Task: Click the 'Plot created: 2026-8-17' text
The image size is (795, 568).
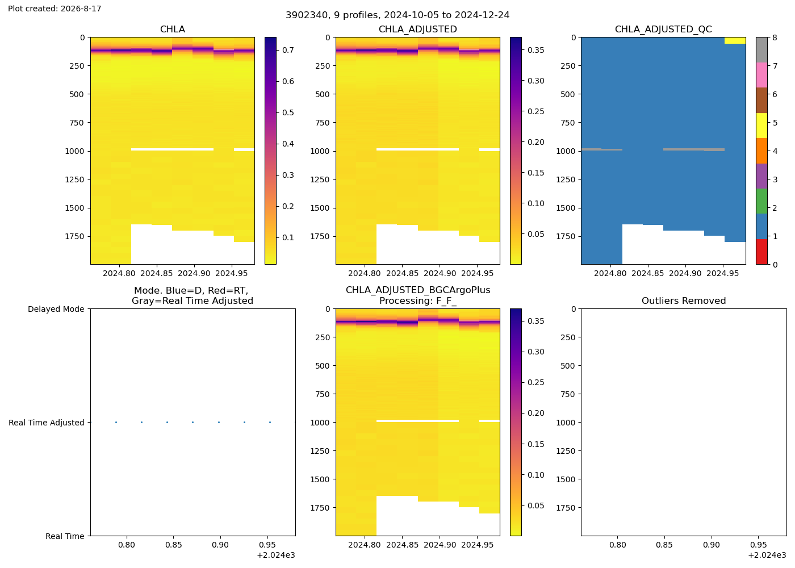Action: [x=55, y=9]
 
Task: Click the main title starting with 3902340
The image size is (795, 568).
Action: [x=397, y=15]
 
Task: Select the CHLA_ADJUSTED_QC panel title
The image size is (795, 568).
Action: [x=663, y=29]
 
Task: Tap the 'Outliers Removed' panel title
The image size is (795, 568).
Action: [x=684, y=300]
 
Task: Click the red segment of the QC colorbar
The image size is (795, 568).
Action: [x=761, y=252]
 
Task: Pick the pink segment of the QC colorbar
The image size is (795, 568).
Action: [x=761, y=75]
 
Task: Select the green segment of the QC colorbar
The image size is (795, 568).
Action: [x=761, y=201]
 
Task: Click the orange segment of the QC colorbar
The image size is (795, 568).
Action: [x=761, y=151]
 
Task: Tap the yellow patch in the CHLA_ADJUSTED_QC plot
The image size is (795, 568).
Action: [x=735, y=40]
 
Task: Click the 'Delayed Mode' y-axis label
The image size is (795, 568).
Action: [x=56, y=309]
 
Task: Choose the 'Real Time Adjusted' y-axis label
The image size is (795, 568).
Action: [x=47, y=423]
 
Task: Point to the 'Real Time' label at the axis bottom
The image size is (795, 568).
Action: [x=65, y=536]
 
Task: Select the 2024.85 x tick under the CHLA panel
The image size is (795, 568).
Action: [x=157, y=274]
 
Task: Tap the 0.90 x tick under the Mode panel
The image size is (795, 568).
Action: [x=220, y=545]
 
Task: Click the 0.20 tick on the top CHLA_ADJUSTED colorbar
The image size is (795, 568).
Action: [x=536, y=143]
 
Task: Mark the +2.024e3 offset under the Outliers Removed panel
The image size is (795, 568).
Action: [x=767, y=556]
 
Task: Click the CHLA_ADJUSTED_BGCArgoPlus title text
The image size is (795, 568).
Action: [x=418, y=290]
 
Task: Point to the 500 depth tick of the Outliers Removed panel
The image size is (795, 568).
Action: [x=568, y=366]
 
